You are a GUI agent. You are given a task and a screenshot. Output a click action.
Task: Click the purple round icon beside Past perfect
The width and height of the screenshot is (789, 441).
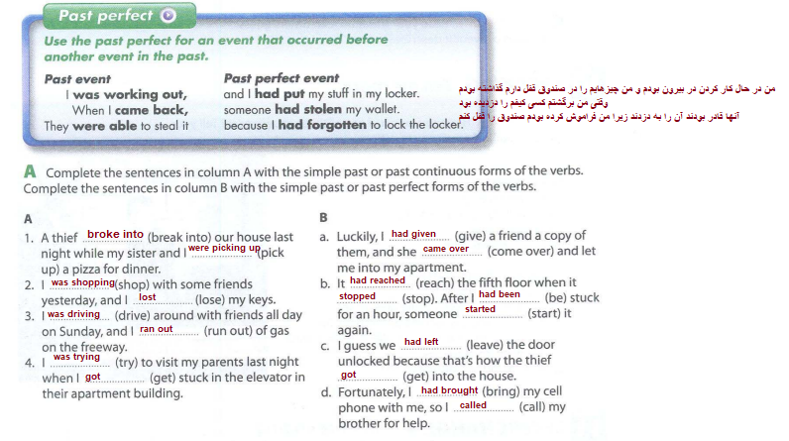coord(167,15)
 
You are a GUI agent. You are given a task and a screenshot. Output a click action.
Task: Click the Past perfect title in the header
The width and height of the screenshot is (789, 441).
coord(105,16)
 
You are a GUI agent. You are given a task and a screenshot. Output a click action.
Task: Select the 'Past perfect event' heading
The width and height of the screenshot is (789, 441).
coord(282,77)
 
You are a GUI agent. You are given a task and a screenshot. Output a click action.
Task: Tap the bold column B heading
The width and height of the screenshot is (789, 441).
coord(323,217)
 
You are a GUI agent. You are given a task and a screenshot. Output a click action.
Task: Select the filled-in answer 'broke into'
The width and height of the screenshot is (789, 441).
coord(115,234)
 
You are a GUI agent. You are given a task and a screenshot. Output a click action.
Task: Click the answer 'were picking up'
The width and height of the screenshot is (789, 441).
coord(223,248)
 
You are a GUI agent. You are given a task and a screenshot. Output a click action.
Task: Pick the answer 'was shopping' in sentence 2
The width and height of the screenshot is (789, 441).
coord(82,282)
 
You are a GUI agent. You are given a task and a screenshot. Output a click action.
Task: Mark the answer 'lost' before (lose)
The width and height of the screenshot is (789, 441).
coord(148,297)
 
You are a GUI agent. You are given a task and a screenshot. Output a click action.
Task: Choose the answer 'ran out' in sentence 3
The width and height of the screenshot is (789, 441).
coord(157,329)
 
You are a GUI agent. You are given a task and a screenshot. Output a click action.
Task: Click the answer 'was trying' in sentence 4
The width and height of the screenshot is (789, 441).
coord(75,357)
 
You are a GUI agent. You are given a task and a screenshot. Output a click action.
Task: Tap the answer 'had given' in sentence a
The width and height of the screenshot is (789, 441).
coord(413,234)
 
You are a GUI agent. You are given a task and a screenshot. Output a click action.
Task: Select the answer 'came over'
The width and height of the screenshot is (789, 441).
coord(446,249)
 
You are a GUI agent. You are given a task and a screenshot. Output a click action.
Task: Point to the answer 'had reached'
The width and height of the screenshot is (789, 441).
coord(378,280)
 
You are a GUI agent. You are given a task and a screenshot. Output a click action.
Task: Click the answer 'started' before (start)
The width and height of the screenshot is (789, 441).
coord(481,310)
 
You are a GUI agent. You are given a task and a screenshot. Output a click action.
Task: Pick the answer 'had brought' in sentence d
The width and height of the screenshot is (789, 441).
coord(449,390)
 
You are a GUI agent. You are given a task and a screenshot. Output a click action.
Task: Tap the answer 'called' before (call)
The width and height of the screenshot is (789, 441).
coord(473,405)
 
